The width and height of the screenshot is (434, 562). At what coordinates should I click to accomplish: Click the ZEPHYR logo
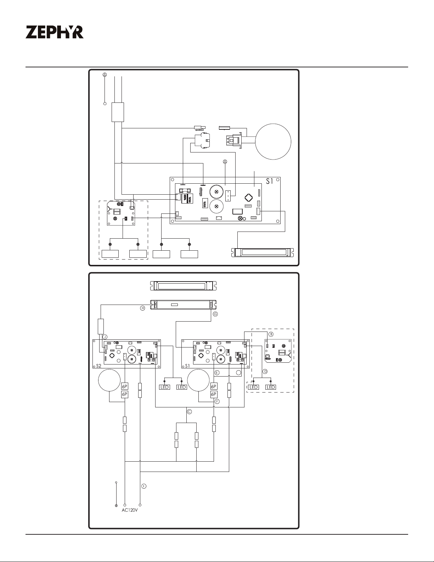click(55, 32)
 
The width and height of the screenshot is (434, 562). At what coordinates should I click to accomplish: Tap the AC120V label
click(130, 510)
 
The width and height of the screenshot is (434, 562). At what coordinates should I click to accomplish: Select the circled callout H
click(142, 308)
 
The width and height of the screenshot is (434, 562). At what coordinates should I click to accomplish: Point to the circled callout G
click(215, 314)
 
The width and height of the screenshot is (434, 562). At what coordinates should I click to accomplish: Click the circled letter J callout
click(105, 337)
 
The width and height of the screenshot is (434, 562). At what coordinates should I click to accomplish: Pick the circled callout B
click(271, 334)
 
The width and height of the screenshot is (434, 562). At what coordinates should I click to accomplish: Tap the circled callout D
click(265, 371)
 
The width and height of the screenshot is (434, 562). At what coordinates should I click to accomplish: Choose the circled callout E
click(217, 373)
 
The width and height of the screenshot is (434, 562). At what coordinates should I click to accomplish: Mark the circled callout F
click(217, 401)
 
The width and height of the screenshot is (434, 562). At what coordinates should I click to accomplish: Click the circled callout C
click(189, 411)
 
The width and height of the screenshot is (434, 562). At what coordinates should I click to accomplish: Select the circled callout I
click(144, 486)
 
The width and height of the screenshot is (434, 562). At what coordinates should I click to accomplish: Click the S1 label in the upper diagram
click(270, 181)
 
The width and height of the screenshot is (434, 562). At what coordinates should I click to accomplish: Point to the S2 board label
click(98, 366)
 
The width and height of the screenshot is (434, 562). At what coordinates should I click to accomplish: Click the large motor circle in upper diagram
click(273, 141)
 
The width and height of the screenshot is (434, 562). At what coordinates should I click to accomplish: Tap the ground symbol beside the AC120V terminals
click(116, 506)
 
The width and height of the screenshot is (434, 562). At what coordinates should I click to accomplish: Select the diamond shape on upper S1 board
click(248, 198)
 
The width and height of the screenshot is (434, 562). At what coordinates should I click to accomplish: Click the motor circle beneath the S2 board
click(109, 380)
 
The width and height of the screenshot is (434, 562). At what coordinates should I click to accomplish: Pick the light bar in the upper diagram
click(263, 252)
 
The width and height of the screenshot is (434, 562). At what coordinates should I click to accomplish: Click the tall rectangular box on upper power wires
click(118, 112)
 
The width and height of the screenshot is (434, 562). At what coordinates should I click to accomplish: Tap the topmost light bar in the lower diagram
click(184, 286)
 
